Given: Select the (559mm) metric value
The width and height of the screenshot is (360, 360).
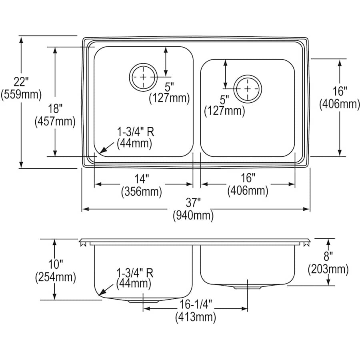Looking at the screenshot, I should pos(22,95).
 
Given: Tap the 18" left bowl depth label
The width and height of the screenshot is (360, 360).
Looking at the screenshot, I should pos(55,108).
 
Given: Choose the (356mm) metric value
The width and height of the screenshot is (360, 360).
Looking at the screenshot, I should pos(141,192).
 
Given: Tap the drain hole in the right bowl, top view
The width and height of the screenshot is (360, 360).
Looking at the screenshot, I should pos(248,88).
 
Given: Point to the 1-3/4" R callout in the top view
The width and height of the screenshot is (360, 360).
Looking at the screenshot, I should pos(135,131).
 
